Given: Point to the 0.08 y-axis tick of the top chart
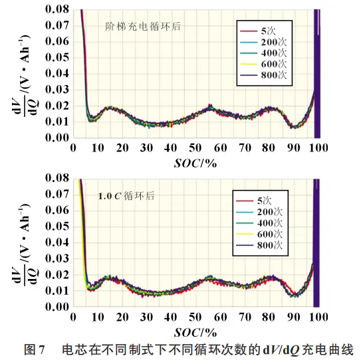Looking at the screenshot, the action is [x=57, y=9].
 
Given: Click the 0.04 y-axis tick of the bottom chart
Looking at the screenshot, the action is [x=57, y=242].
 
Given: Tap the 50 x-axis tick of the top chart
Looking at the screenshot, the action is [x=195, y=148].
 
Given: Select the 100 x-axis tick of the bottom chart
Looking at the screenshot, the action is [x=318, y=317].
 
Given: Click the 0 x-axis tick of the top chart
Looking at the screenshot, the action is [x=73, y=148].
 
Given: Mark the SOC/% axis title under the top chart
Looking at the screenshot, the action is [x=195, y=163].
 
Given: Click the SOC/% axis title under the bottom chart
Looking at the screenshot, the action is [x=195, y=333].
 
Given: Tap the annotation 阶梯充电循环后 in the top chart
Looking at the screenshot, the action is [x=143, y=27].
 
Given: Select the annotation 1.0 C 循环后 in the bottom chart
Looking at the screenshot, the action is [x=126, y=196].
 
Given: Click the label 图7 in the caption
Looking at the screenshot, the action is [x=34, y=350].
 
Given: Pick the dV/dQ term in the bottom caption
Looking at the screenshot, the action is [x=281, y=350].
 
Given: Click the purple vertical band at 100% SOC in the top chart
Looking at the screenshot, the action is [x=317, y=74].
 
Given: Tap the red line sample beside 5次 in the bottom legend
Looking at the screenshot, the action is [x=245, y=201].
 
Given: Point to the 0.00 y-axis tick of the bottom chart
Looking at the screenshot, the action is [x=57, y=307].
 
